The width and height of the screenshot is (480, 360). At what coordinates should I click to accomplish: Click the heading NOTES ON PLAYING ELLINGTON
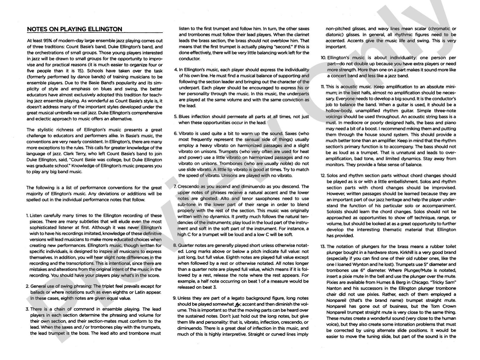74,29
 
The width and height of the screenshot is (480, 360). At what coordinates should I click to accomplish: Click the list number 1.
27,216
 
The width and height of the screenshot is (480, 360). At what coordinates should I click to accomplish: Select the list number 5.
175,117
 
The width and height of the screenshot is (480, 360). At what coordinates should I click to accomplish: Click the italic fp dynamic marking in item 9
238,304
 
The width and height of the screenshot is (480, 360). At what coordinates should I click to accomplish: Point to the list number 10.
323,58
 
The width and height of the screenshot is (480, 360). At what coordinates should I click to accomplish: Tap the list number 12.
323,176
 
